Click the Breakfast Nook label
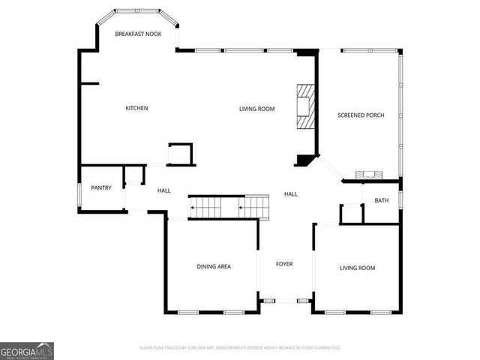(x=138, y=34)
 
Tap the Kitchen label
(x=136, y=109)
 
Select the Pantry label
(x=101, y=187)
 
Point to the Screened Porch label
(x=361, y=115)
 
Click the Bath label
(x=382, y=200)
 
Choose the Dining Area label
(x=214, y=266)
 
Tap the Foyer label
(x=284, y=264)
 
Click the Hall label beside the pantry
(x=164, y=191)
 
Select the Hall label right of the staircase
(x=291, y=194)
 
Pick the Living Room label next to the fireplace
(x=257, y=109)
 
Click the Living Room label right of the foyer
(x=357, y=268)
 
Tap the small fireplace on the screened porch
(x=368, y=175)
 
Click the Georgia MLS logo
(x=27, y=350)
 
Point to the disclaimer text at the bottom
(x=240, y=348)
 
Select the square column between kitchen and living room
(x=180, y=154)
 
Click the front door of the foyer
(x=285, y=301)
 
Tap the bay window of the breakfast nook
(x=138, y=12)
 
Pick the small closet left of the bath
(x=350, y=214)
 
